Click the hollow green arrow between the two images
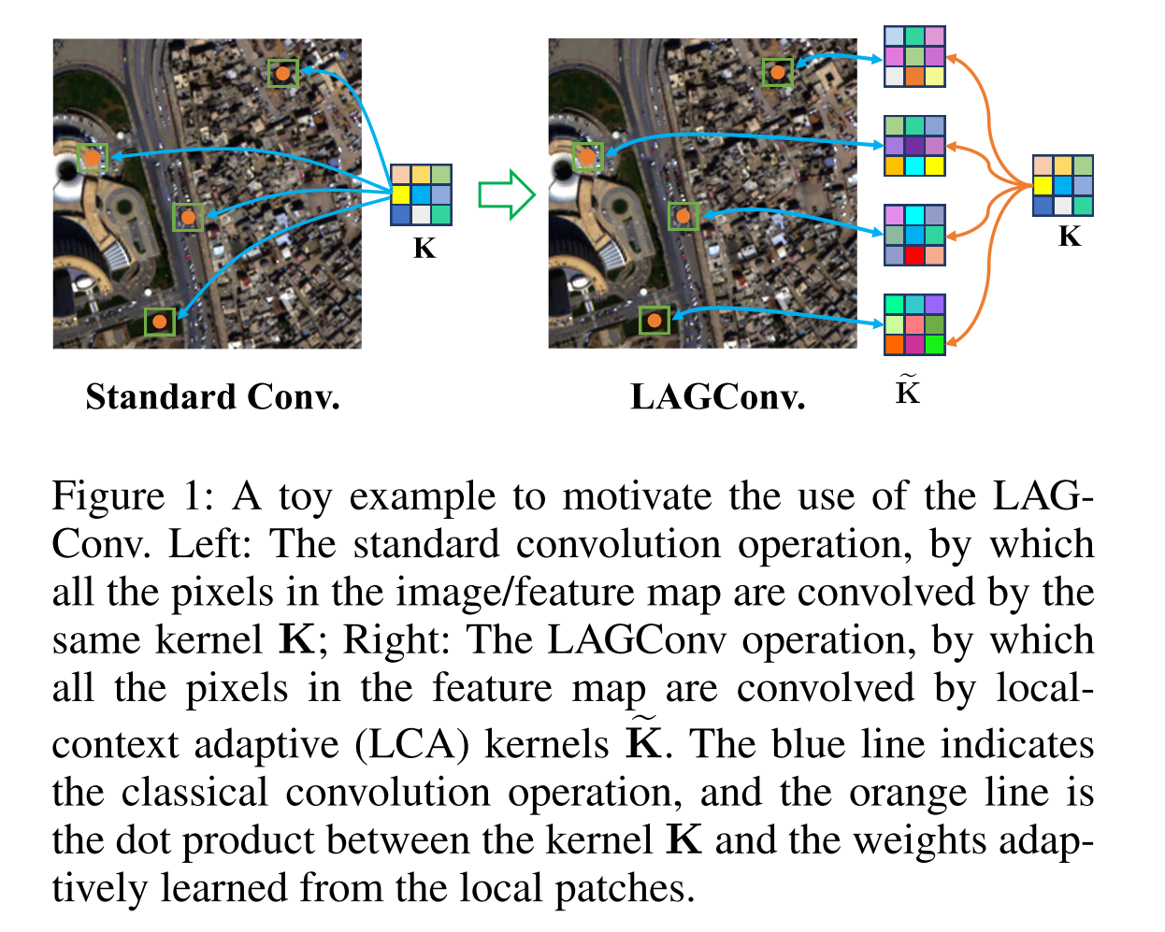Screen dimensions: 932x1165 [x=506, y=194]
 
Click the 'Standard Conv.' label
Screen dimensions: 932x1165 [x=212, y=397]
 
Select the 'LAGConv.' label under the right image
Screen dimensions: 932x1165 [x=717, y=397]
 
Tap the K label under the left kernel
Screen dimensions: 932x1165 [x=424, y=249]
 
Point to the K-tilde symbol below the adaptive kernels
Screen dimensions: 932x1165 [x=907, y=390]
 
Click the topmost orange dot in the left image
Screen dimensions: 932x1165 [x=282, y=73]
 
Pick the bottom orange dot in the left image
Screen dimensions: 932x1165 [x=160, y=322]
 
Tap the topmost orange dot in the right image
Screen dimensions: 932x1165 [x=778, y=72]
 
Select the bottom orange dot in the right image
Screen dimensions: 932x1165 [x=654, y=321]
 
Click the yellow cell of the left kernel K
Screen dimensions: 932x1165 [x=401, y=194]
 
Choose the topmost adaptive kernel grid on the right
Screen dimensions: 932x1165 [x=914, y=57]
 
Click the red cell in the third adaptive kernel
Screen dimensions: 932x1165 [x=914, y=255]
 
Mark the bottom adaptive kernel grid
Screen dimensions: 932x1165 [x=914, y=324]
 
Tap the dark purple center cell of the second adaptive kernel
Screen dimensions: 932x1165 [x=914, y=146]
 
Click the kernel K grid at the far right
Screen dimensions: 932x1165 [x=1062, y=185]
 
